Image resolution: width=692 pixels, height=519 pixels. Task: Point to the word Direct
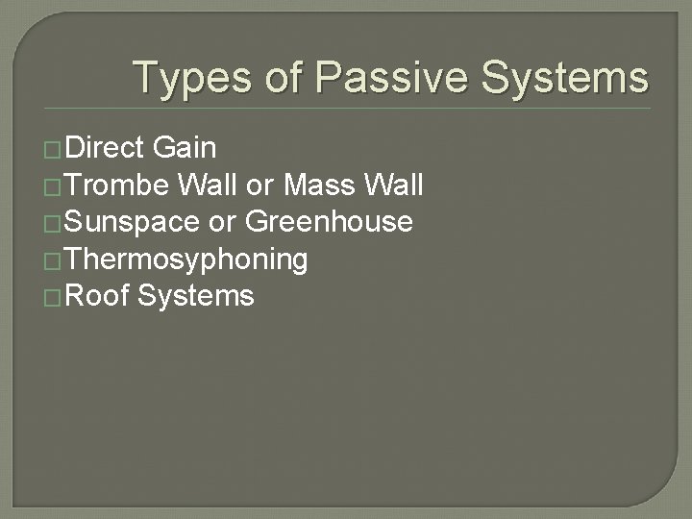pos(106,148)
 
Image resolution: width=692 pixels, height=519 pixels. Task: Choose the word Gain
pos(185,148)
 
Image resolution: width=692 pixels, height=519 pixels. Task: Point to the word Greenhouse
pos(330,222)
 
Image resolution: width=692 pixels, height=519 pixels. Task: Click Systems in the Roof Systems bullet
pos(196,296)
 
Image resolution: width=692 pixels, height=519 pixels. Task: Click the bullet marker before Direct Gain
pos(54,150)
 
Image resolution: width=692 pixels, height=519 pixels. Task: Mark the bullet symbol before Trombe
pos(54,186)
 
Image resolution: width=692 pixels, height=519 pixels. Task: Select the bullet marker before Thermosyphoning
pos(54,260)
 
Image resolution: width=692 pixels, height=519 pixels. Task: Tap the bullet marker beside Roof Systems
pos(54,297)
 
